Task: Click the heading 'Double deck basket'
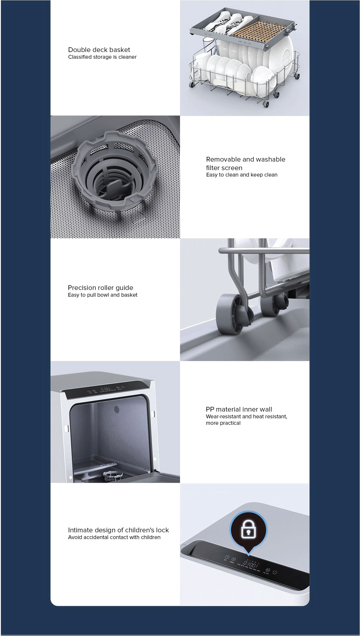(99, 50)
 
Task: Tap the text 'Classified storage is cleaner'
(102, 57)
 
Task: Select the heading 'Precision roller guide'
(100, 288)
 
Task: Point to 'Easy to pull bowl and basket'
(102, 295)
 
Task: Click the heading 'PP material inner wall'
(239, 409)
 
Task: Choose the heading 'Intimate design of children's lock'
(118, 530)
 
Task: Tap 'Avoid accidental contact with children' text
(114, 537)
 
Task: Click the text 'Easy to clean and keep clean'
(242, 175)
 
